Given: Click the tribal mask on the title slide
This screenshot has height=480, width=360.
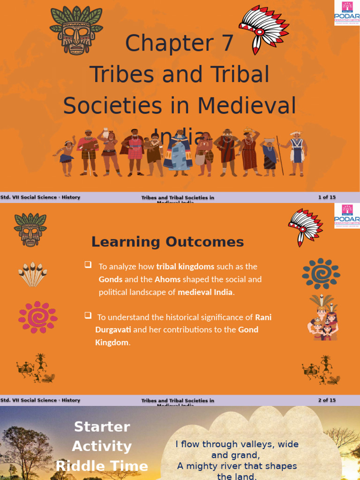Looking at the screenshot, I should click(76, 31).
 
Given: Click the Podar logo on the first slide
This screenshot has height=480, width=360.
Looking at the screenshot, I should click(347, 13).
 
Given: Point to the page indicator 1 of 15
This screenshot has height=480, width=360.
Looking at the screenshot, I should click(327, 197).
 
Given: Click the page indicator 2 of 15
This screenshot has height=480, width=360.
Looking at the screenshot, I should click(327, 400).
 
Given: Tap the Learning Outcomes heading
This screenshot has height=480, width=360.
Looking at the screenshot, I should click(167, 242).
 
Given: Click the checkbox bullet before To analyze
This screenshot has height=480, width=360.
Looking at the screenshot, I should click(88, 265).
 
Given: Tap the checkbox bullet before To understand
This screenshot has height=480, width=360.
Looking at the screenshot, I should click(88, 315).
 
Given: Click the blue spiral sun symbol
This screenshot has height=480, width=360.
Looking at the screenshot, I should click(321, 273).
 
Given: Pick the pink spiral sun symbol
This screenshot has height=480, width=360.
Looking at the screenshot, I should click(37, 317).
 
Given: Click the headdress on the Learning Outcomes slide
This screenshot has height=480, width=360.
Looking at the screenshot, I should click(305, 226).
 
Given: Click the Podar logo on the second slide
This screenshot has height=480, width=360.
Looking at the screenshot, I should click(347, 216).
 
